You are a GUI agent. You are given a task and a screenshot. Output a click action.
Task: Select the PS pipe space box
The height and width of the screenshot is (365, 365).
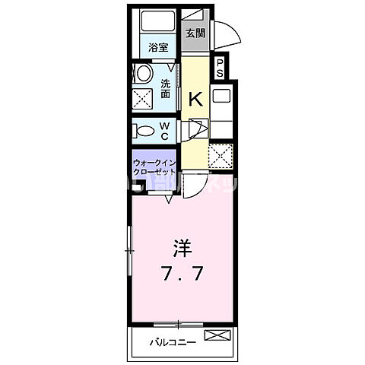pos(219,68)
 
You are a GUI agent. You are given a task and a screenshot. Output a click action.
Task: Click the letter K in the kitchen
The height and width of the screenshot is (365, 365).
pos(195,99)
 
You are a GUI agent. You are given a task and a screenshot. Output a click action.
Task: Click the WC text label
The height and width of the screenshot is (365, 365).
pos(164,130)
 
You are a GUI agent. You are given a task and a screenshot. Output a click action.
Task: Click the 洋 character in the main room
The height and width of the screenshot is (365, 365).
pos(182,248)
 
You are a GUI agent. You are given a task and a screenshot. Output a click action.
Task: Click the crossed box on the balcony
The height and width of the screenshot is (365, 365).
pos(216,335)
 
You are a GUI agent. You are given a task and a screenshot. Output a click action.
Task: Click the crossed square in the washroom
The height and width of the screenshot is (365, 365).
pos(143,98)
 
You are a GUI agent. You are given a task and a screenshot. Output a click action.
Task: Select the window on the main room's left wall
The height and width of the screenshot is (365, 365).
pos(129,252)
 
